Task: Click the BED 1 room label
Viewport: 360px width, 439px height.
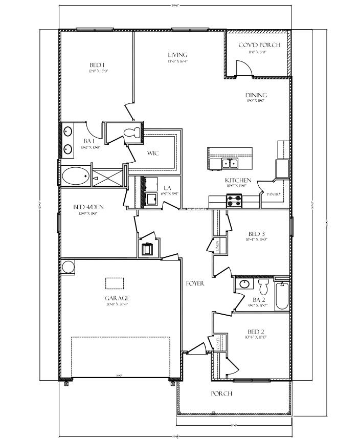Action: pos(97,65)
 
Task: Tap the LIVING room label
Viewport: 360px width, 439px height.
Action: pos(177,55)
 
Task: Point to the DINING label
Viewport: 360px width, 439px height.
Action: pos(256,95)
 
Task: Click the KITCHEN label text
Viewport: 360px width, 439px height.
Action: pos(238,180)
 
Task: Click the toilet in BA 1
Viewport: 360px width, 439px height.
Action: pos(132,133)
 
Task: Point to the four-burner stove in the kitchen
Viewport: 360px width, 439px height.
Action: pos(234,203)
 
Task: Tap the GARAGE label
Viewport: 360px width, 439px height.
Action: pos(117,298)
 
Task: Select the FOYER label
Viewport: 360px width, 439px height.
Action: pos(195,283)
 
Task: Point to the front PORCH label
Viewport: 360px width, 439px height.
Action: pos(221,393)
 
